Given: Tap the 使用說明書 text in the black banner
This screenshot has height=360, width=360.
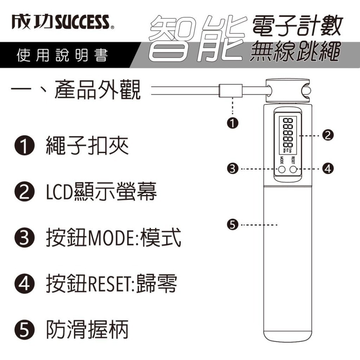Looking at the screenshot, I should click(62, 56).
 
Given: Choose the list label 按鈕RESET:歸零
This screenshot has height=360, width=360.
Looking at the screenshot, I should click(111, 285).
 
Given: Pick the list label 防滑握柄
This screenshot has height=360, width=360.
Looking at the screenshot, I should click(87, 330).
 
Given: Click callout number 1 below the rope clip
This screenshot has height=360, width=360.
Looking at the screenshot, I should click(233, 122).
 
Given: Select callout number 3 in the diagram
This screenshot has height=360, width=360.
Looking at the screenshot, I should click(234, 168).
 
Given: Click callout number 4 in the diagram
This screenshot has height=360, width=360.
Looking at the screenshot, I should click(328, 168).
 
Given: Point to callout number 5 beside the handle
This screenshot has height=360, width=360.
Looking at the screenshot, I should click(233, 225).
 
